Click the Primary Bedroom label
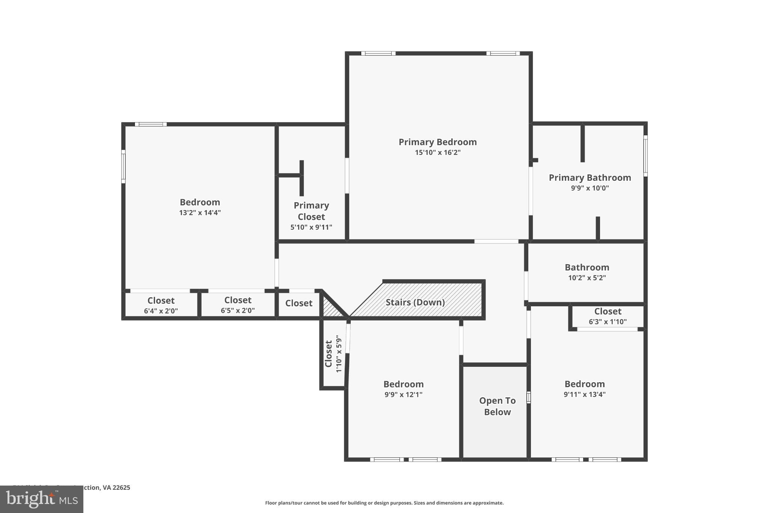click(437, 142)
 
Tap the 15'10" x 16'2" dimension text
click(437, 153)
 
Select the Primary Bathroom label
click(590, 178)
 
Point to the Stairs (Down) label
click(415, 302)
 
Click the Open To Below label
click(497, 406)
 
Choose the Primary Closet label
click(311, 211)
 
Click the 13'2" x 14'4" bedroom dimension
click(200, 213)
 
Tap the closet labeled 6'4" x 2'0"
click(161, 305)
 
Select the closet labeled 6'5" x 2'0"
click(238, 305)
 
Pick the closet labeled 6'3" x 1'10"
click(608, 316)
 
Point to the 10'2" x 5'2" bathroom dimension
click(587, 278)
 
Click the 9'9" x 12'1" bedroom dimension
click(403, 395)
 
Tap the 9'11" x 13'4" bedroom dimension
click(584, 394)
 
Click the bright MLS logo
click(41, 499)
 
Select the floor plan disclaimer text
click(384, 503)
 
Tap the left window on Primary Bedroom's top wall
click(378, 53)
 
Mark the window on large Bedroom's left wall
click(123, 166)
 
